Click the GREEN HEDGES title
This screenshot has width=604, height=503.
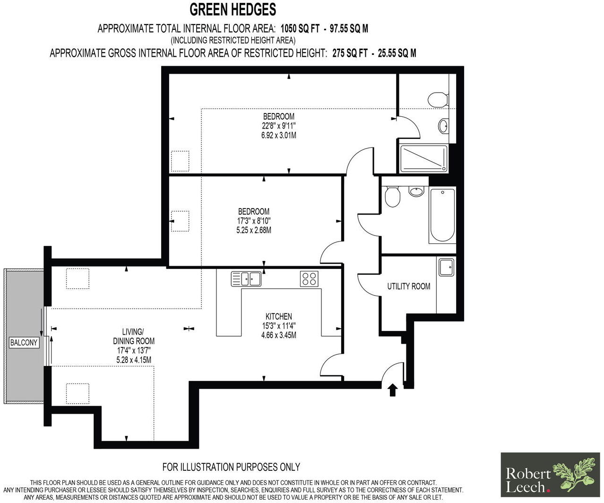(233, 9)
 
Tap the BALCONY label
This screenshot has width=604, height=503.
(24, 343)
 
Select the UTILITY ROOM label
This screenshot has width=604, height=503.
(408, 286)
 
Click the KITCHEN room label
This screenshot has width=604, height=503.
(278, 317)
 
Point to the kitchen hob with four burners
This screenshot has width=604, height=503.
(309, 278)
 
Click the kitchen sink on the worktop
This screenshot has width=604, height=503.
(246, 278)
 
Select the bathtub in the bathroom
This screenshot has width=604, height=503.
(442, 216)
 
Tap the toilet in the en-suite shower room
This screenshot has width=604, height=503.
(437, 99)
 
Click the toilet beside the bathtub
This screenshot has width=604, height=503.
(392, 197)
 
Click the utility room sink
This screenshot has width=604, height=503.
(446, 267)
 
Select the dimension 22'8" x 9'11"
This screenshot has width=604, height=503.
(279, 126)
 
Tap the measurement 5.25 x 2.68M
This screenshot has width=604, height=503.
(253, 231)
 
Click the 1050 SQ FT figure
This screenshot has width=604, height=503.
(300, 29)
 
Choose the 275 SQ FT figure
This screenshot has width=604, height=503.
(350, 53)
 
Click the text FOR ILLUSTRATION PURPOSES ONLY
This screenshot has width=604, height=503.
(231, 467)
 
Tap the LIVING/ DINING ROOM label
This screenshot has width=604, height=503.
(134, 337)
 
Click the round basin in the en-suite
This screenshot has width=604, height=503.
(444, 126)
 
